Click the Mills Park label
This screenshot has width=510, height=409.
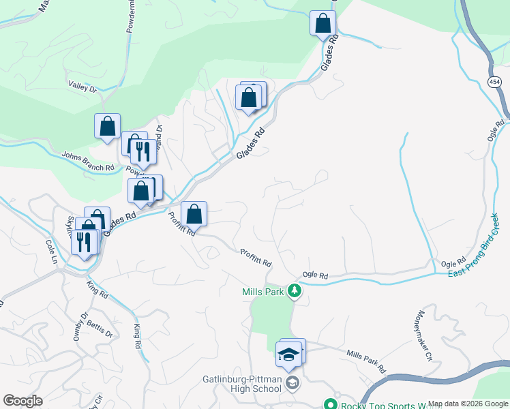point(262,292)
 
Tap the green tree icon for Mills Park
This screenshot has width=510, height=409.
point(295,292)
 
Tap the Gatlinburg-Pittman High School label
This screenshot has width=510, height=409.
point(242,384)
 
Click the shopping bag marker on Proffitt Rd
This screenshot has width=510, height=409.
point(194,214)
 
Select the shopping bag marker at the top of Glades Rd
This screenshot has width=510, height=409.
point(322,24)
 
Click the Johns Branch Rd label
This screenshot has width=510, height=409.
point(88,162)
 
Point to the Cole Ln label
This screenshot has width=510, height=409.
point(51,252)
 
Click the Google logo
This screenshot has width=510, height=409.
point(22,401)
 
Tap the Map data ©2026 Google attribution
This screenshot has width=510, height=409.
point(468,404)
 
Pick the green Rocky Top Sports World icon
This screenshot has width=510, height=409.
point(331,404)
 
